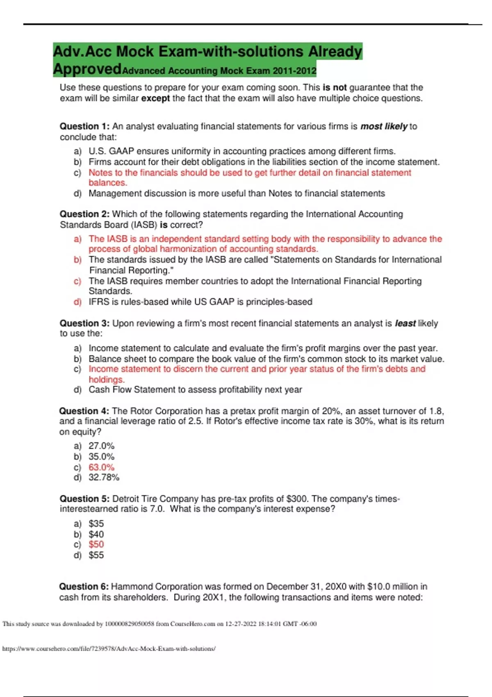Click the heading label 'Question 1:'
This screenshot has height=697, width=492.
(84, 126)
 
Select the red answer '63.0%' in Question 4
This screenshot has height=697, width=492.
(101, 467)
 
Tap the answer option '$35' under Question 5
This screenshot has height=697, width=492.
(96, 524)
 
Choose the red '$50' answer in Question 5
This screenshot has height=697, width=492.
(96, 544)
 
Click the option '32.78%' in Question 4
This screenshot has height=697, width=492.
(104, 477)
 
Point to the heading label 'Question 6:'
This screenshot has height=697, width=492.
(84, 587)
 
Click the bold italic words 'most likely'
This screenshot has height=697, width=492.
(384, 126)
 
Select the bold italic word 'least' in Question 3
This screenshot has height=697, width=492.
(405, 323)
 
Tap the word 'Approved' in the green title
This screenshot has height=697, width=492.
(87, 69)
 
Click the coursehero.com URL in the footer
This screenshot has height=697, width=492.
(109, 649)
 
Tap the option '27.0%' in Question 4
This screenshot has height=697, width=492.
(101, 446)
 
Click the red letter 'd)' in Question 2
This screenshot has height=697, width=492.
(77, 302)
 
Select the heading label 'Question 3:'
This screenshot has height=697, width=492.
(84, 323)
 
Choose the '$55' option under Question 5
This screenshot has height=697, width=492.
(96, 555)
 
